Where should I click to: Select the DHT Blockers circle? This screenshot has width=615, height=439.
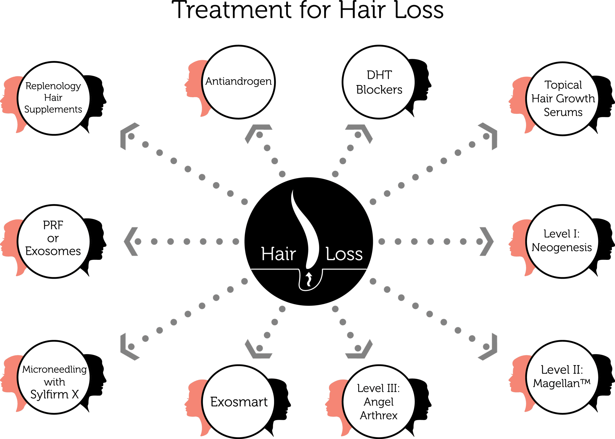(x=379, y=82)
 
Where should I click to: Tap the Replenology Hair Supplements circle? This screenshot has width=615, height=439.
(x=54, y=98)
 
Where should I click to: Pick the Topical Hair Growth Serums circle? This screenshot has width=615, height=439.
(x=563, y=99)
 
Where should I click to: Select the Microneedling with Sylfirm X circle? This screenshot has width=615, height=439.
(x=54, y=377)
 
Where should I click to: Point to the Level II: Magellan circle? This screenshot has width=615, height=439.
(x=562, y=377)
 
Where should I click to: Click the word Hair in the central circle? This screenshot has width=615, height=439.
(x=278, y=254)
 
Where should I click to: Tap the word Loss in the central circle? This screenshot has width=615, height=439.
(x=344, y=254)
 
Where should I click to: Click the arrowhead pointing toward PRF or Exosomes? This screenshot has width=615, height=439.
(x=131, y=241)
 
